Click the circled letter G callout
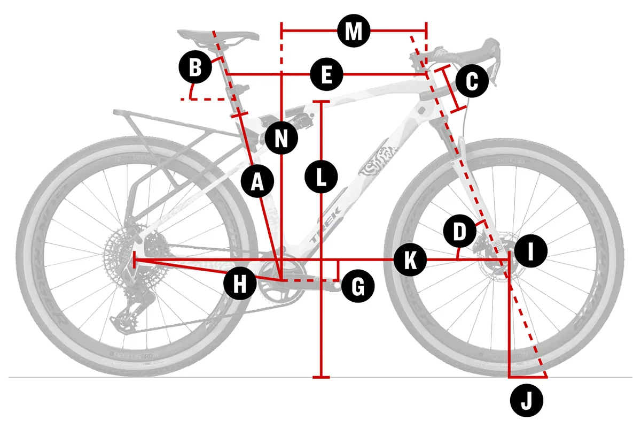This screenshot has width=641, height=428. [x=357, y=287]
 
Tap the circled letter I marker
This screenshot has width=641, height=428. [x=531, y=251]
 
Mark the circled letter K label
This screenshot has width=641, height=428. [x=409, y=261]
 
